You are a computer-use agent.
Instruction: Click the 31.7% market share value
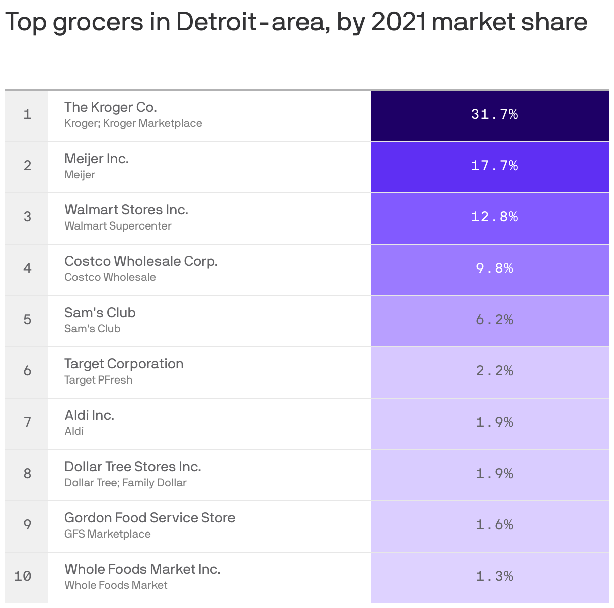[x=494, y=114]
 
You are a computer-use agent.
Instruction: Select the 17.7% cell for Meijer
[x=494, y=166]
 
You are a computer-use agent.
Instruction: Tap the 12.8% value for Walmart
[x=494, y=217]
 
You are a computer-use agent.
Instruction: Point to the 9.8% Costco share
[x=494, y=268]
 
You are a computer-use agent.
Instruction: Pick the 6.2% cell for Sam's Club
[x=494, y=320]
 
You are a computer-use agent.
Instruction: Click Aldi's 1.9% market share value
[x=494, y=422]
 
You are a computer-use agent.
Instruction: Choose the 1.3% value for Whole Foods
[x=494, y=576]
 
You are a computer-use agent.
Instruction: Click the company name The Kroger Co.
[x=111, y=107]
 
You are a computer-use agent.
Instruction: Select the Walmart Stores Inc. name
[x=126, y=210]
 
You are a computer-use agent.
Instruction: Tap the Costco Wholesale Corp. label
[x=141, y=261]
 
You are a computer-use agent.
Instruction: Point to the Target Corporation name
[x=124, y=364]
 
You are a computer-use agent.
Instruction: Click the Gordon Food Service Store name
[x=149, y=518]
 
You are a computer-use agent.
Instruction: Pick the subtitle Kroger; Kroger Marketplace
[x=133, y=123]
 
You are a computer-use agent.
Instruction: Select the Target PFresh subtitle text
[x=98, y=380]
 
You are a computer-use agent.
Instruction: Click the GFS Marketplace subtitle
[x=107, y=534]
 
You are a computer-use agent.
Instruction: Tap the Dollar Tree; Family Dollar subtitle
[x=125, y=483]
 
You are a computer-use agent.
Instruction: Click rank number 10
[x=23, y=576]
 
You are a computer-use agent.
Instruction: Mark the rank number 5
[x=27, y=320]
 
